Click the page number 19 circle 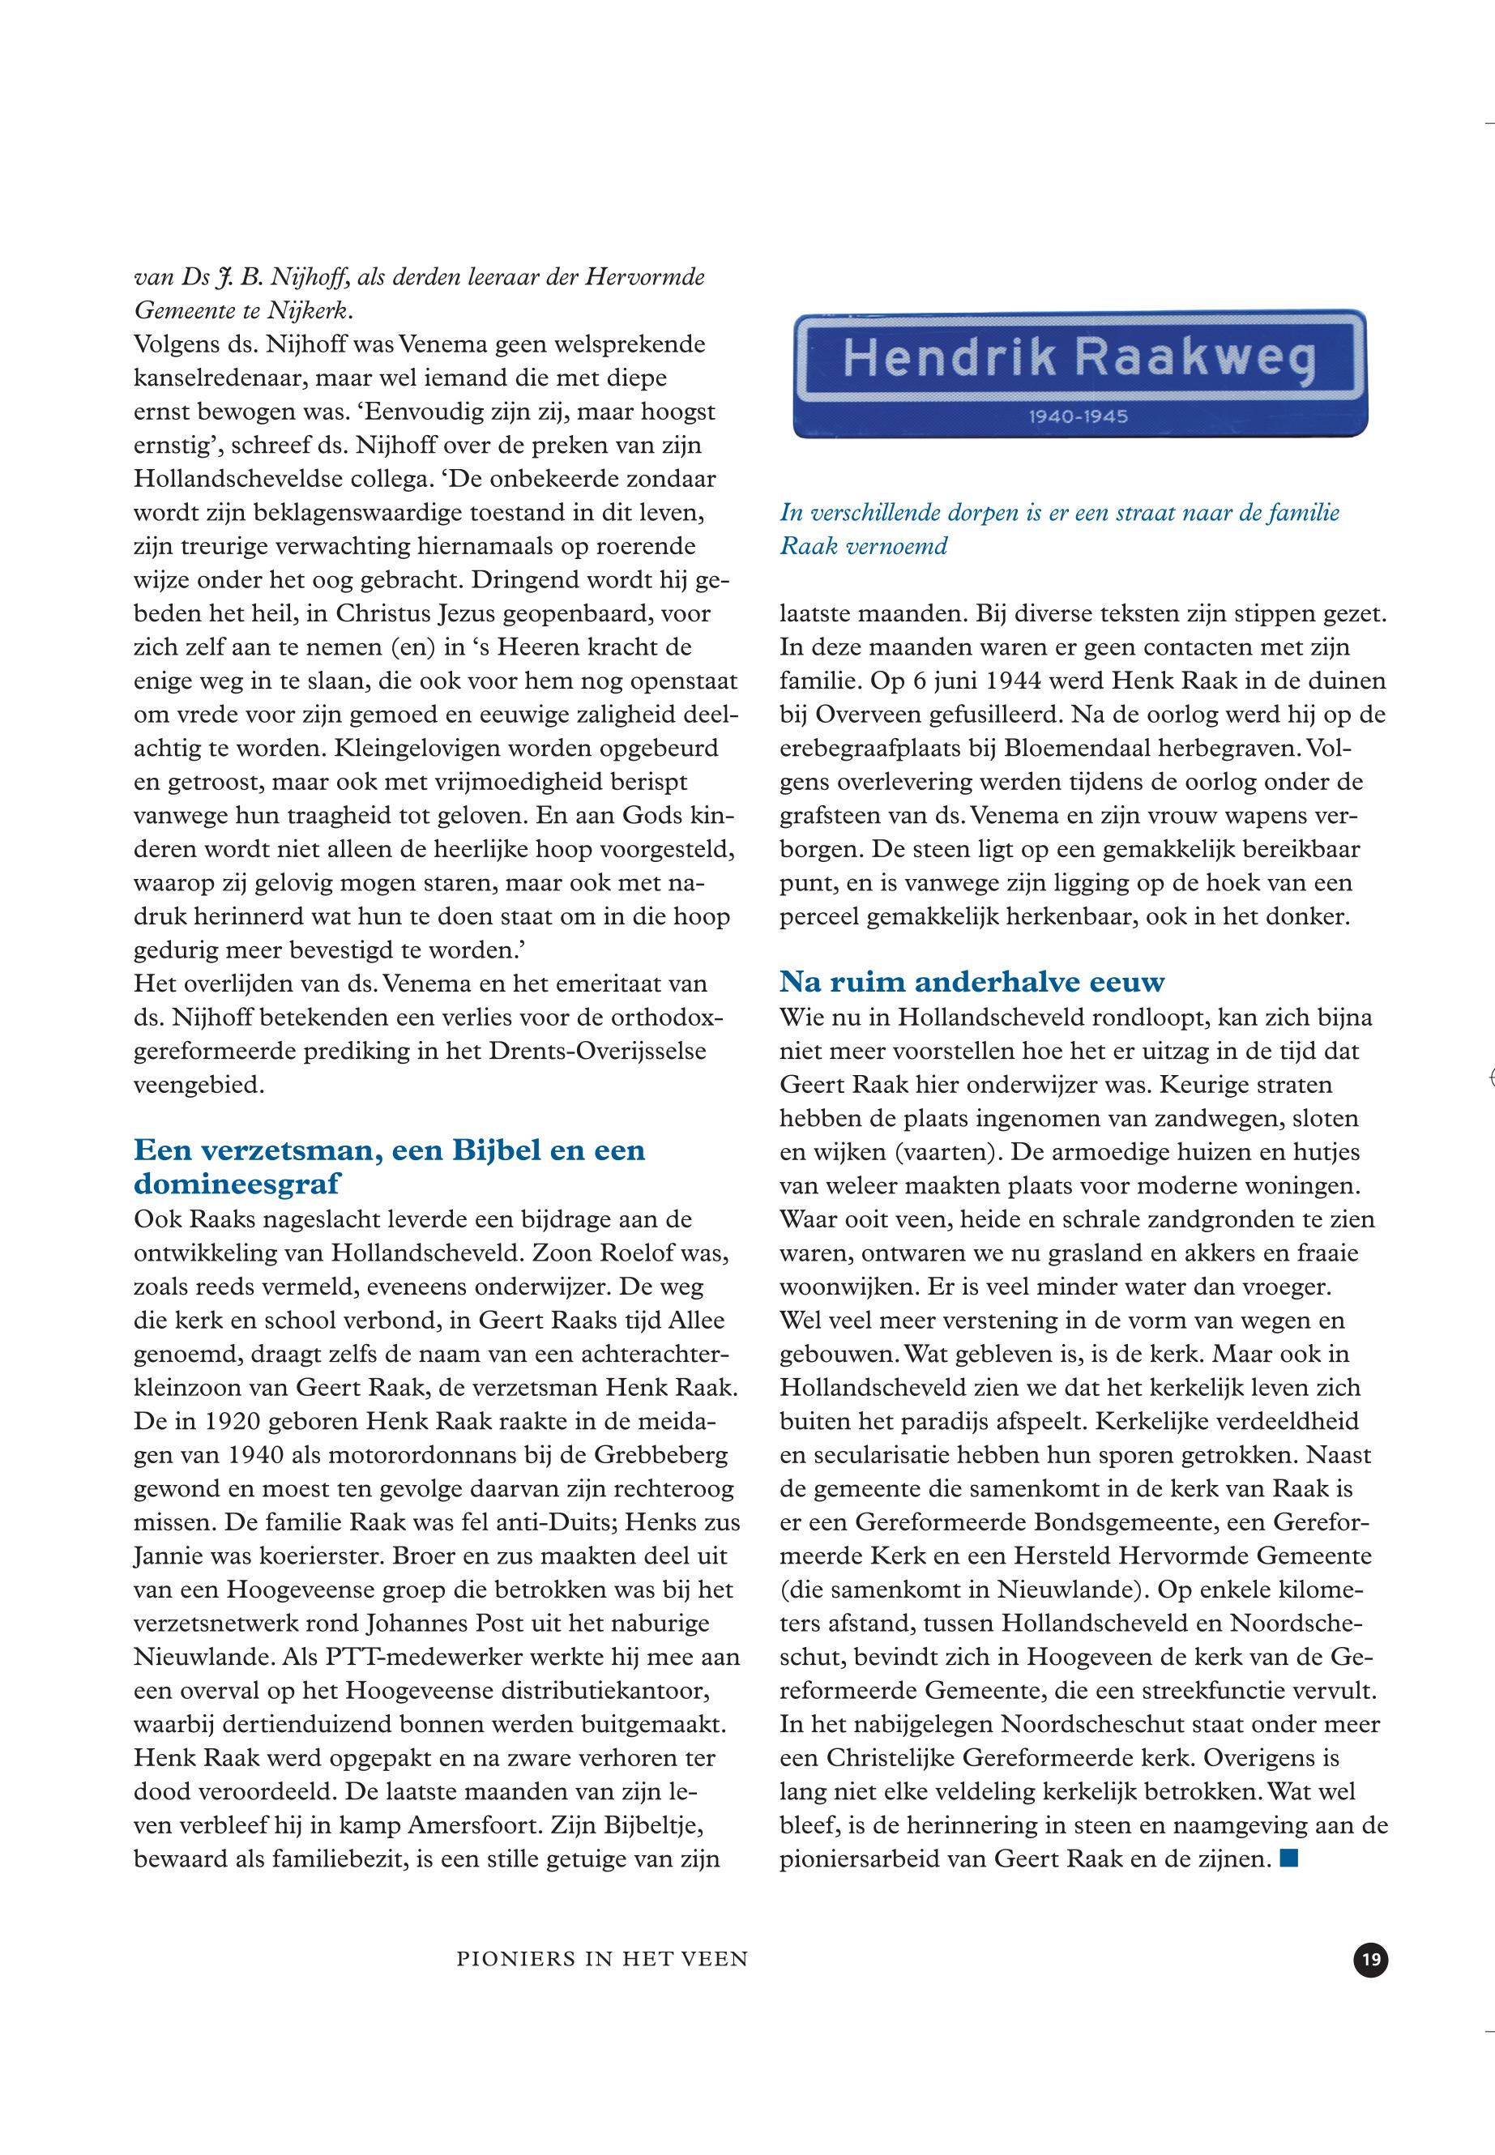tap(1370, 1959)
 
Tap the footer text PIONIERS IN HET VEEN tap(602, 1959)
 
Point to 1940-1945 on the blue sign tap(1079, 416)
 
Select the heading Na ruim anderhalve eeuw tap(972, 982)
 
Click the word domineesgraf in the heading tap(237, 1184)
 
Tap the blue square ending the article tap(1289, 1858)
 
